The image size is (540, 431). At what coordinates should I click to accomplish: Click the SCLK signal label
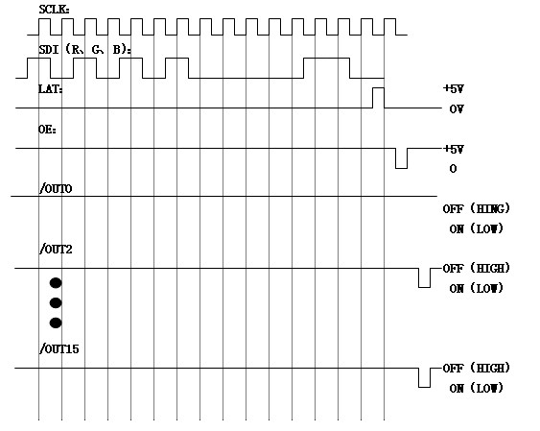coord(54,10)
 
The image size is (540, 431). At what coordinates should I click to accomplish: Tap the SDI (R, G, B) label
coord(84,50)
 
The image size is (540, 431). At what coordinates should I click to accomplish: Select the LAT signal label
coord(50,89)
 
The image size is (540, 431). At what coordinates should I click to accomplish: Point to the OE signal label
coord(47,130)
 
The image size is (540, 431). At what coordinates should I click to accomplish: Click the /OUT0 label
coord(56,189)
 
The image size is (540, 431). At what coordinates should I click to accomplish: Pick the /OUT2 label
coord(56,249)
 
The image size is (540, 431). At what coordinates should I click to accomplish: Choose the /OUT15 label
coord(59,349)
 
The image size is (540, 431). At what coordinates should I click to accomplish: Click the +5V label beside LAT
coord(454,89)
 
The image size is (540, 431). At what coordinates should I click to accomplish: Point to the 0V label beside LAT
coord(457,109)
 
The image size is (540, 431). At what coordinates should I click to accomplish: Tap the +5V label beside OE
coord(454,149)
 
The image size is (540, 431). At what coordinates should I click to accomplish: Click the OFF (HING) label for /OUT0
coord(477,208)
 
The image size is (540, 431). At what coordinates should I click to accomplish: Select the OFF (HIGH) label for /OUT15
coord(477,368)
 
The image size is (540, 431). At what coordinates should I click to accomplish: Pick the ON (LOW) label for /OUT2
coord(477,288)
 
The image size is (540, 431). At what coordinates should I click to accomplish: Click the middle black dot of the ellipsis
coord(56,303)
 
